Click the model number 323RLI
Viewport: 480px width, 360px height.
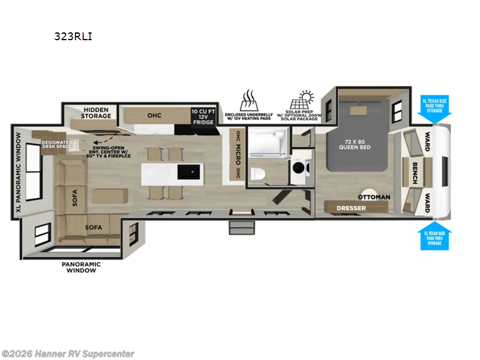pyautogui.click(x=73, y=36)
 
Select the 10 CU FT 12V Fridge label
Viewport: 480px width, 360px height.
pyautogui.click(x=202, y=117)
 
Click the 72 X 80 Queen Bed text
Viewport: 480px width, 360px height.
pyautogui.click(x=356, y=144)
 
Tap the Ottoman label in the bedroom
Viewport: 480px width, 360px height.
pyautogui.click(x=374, y=197)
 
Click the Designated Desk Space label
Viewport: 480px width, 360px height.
pyautogui.click(x=58, y=143)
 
